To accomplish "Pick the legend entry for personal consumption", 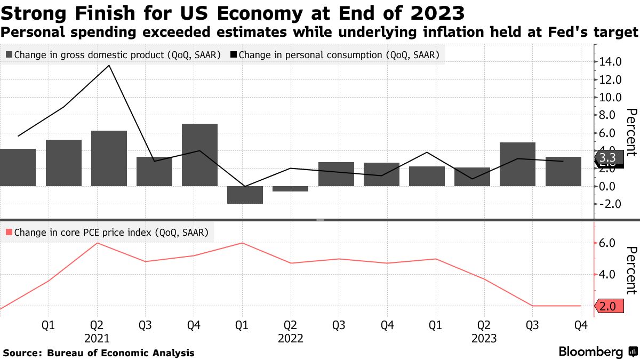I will tap(335, 54).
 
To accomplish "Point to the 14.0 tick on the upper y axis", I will tap(610, 62).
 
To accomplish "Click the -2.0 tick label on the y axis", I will tap(610, 204).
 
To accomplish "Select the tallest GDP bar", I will tap(199, 155).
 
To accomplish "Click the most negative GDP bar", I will tap(245, 195).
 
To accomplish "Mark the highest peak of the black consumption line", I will tap(109, 66).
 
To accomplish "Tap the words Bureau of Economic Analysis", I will tap(121, 353).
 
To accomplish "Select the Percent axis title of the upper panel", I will tap(631, 132).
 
